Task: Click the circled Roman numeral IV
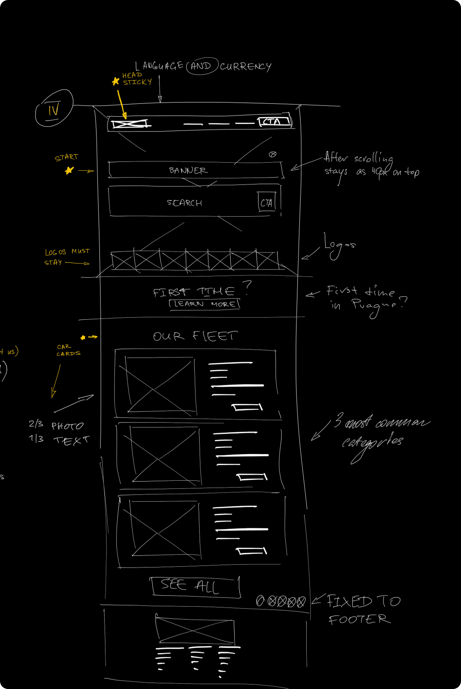[x=54, y=108]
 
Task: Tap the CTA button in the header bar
[x=274, y=121]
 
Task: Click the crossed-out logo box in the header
[x=129, y=124]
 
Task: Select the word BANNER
[x=188, y=171]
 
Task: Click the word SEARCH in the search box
[x=185, y=203]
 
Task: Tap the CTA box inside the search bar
[x=266, y=203]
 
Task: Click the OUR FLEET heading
[x=195, y=336]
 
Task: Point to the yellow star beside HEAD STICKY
[x=116, y=82]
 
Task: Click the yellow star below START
[x=69, y=170]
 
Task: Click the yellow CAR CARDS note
[x=68, y=350]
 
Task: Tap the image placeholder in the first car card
[x=160, y=386]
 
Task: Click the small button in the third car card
[x=251, y=551]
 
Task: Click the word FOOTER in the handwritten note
[x=359, y=619]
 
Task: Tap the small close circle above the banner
[x=273, y=154]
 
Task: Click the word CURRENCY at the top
[x=246, y=66]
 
